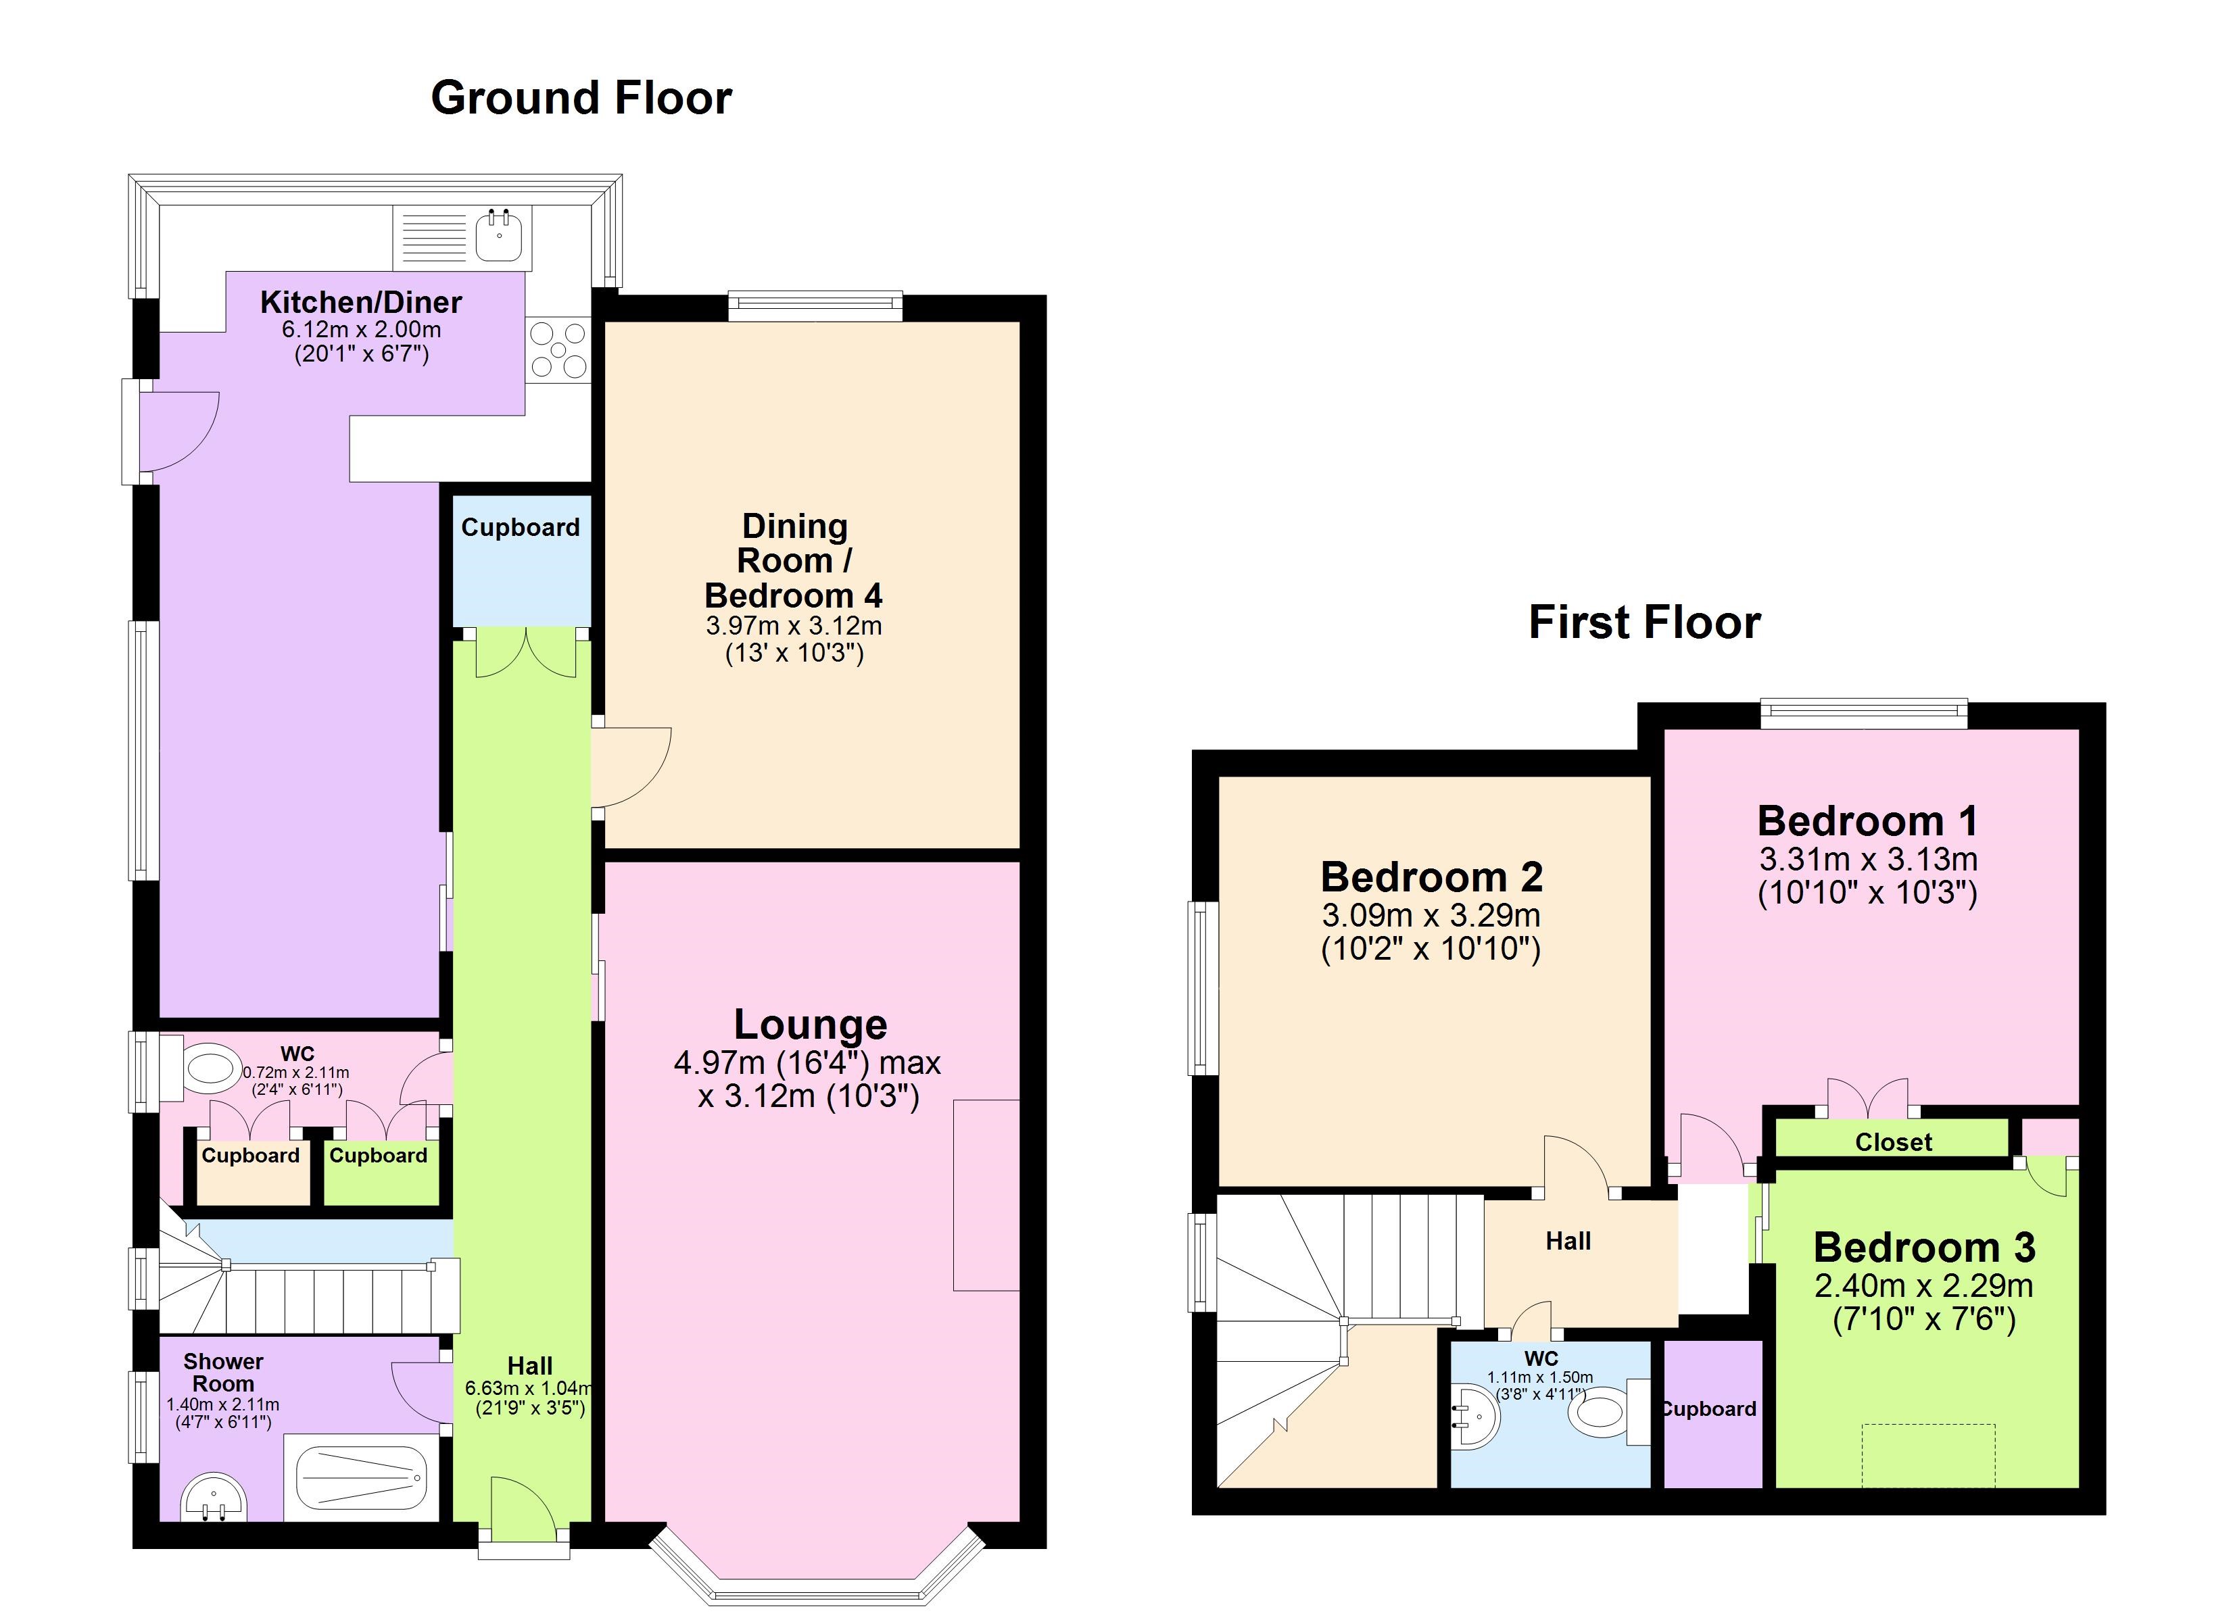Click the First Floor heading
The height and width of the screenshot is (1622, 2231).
(x=1644, y=622)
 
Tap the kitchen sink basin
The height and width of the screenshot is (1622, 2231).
(x=500, y=236)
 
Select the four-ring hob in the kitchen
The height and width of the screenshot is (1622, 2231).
(x=558, y=350)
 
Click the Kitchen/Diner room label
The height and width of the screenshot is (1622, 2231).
(x=361, y=302)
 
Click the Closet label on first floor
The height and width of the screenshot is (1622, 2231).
(x=1892, y=1142)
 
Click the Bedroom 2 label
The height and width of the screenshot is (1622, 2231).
(x=1431, y=877)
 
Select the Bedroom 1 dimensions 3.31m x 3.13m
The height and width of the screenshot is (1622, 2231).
(x=1867, y=859)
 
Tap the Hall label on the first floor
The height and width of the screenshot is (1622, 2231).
(x=1567, y=1242)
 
